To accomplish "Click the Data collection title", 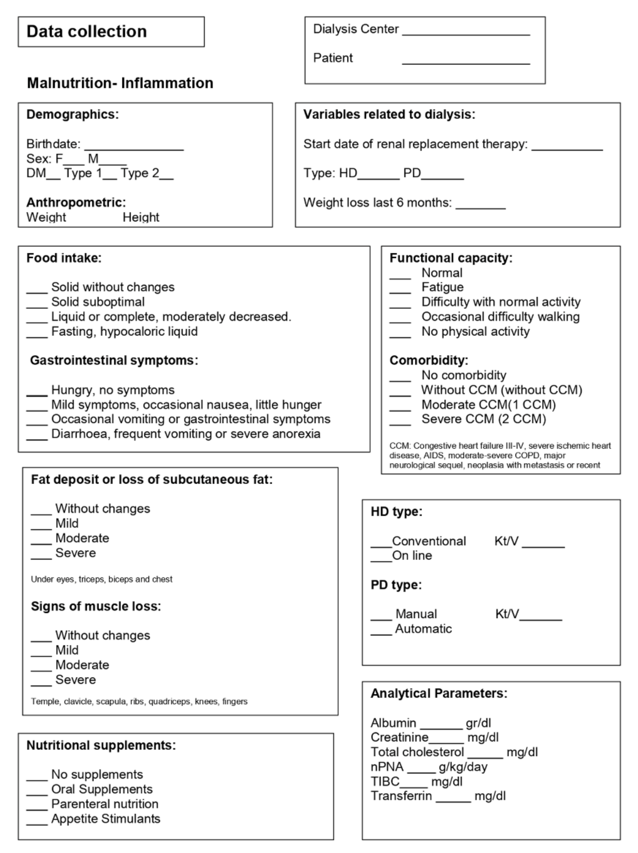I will (x=86, y=32).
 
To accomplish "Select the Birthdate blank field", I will (x=134, y=148).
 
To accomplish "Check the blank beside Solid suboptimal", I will (x=37, y=306).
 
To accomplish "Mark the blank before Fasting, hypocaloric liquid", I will (x=37, y=336).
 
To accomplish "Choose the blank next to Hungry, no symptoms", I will (x=37, y=394).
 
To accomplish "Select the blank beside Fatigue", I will (x=400, y=291).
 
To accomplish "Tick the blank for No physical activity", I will (x=400, y=336).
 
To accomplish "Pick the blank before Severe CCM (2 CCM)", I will (x=400, y=423).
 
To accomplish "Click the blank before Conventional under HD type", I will (x=381, y=545).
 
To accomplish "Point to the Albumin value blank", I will (x=441, y=727).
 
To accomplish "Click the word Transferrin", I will (x=401, y=796).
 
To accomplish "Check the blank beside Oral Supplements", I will (x=37, y=794).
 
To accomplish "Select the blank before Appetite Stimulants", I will (x=37, y=823).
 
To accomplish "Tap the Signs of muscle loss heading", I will (x=96, y=606).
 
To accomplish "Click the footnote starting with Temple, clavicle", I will (x=139, y=701).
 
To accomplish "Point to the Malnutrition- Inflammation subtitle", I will (x=120, y=83).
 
